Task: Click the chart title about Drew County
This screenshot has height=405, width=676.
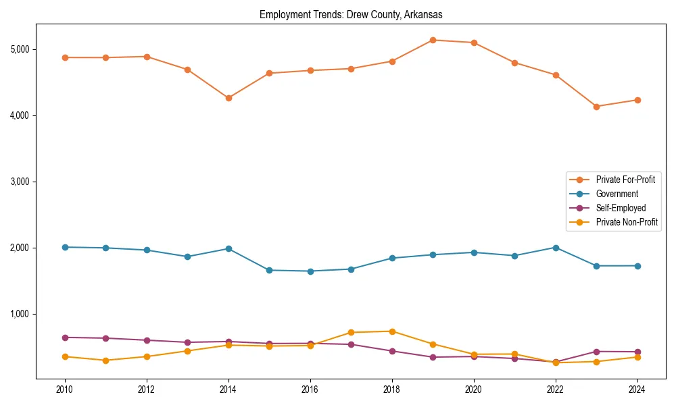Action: pos(351,14)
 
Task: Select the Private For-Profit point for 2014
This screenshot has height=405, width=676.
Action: pos(228,98)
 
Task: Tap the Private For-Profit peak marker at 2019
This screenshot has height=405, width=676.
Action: pos(433,40)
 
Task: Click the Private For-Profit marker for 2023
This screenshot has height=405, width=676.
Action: pos(596,107)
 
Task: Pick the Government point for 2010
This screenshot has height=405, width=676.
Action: pos(65,247)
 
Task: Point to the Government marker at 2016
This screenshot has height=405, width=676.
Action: pos(310,271)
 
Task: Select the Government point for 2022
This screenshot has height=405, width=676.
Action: pos(556,248)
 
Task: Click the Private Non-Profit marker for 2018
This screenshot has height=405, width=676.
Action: pos(392,331)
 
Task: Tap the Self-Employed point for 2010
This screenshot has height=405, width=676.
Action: pos(65,337)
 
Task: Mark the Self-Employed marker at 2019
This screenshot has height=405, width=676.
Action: pos(433,357)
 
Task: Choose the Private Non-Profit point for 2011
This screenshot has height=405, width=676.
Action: pos(105,360)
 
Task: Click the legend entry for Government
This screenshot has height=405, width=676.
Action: pos(617,194)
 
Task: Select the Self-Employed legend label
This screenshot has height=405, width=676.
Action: pos(621,208)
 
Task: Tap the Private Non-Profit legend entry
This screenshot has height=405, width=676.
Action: pos(627,222)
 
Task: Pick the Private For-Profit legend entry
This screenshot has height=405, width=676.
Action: pos(625,180)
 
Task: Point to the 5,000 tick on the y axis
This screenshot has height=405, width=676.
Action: pos(19,49)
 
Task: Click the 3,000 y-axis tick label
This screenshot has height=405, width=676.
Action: pos(19,182)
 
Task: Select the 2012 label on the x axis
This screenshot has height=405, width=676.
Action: pos(147,389)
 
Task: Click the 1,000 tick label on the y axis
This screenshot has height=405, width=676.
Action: pos(19,314)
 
